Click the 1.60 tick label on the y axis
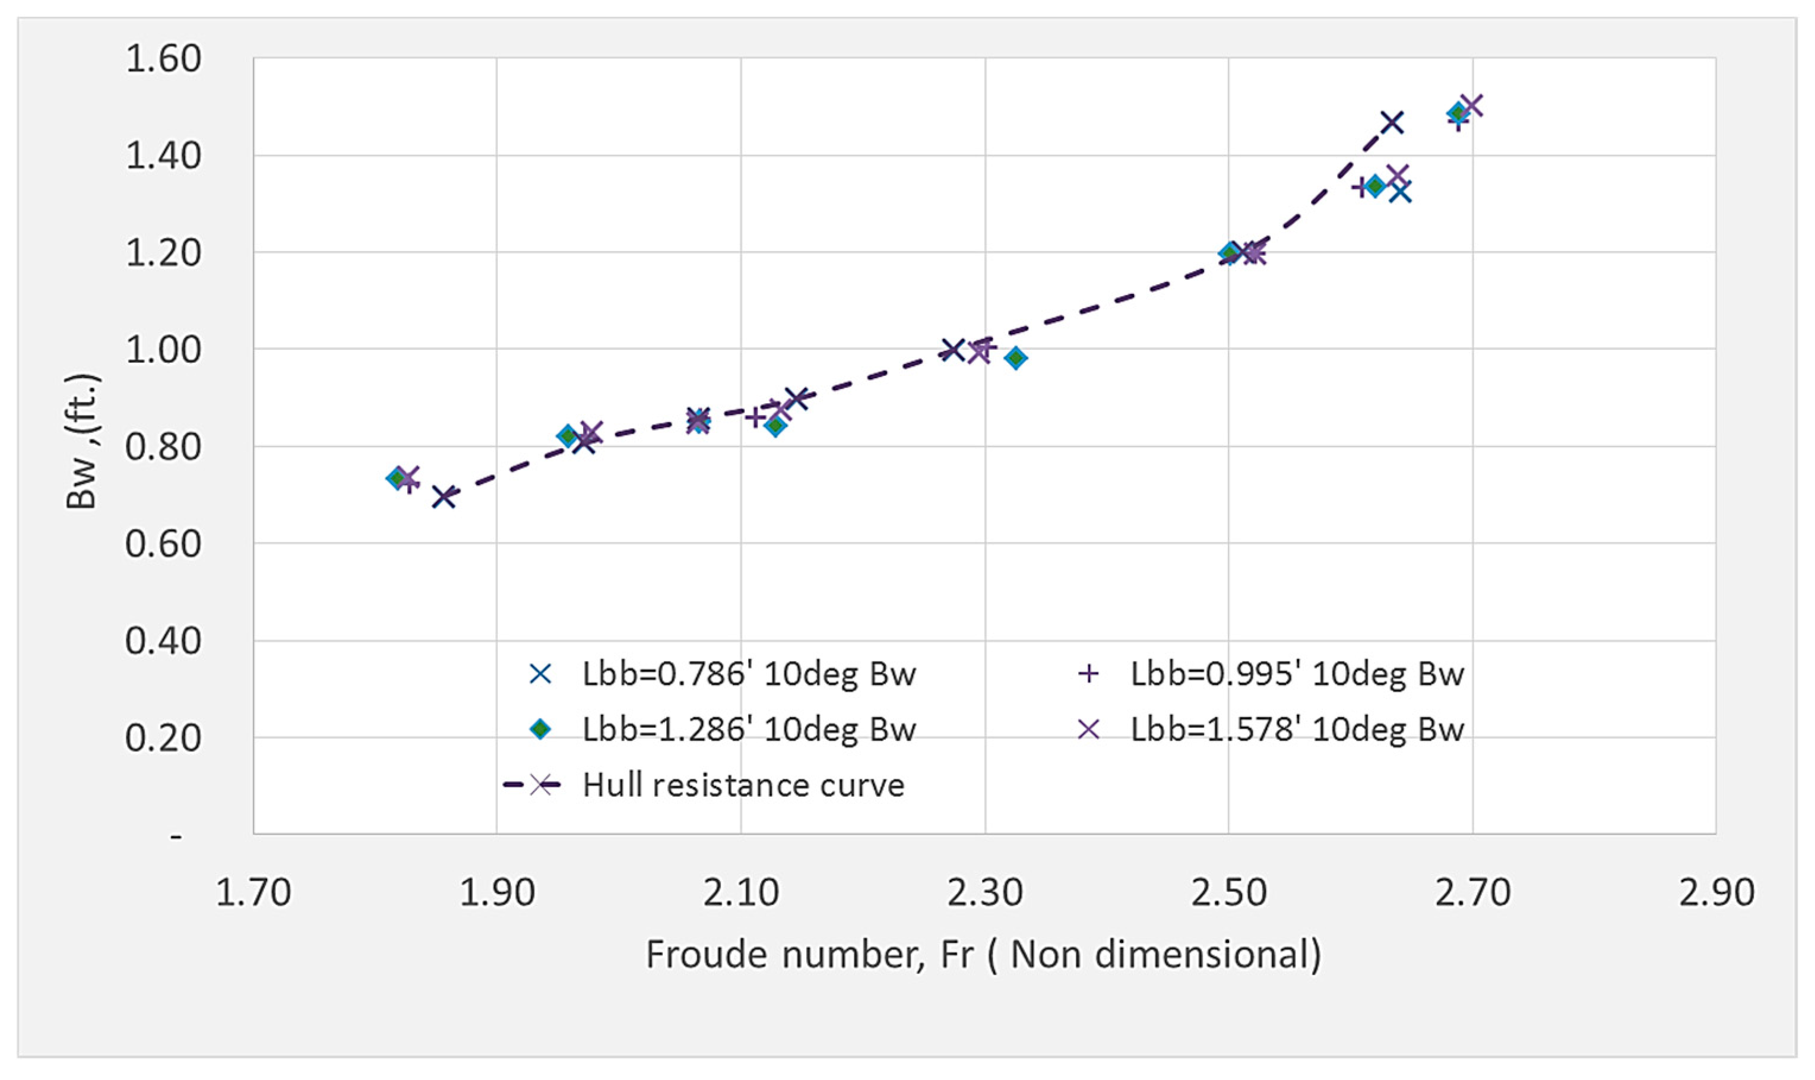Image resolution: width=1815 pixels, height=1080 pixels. (163, 58)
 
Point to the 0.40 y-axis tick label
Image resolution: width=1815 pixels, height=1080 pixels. (163, 641)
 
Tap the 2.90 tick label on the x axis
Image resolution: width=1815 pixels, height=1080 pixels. (1716, 893)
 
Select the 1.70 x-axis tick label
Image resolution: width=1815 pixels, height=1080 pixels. (254, 893)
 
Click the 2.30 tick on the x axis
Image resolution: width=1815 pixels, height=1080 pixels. (984, 893)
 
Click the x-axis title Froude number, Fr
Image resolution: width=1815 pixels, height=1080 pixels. (983, 954)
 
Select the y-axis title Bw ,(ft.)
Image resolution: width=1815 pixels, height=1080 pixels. (81, 442)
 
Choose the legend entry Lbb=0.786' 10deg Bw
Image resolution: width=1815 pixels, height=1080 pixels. (748, 674)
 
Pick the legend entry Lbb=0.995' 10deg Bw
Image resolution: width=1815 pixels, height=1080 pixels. (1296, 674)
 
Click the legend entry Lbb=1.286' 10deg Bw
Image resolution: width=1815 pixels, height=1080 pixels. (748, 729)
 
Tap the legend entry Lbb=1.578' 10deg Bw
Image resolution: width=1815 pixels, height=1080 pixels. (1296, 729)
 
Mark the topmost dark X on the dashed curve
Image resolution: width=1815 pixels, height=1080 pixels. (1392, 122)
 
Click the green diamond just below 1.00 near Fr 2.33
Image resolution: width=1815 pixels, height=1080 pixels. (1016, 357)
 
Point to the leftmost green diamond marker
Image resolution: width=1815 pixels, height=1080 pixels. (397, 478)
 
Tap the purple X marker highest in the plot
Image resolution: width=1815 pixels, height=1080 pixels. (1471, 106)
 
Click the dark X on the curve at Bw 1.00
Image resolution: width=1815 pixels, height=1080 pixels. (952, 349)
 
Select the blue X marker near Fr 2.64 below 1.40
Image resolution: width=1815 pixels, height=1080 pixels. (1400, 193)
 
